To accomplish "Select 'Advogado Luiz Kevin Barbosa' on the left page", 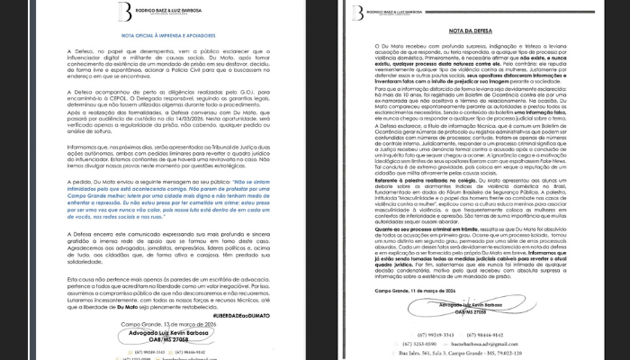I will tap(163, 331).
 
